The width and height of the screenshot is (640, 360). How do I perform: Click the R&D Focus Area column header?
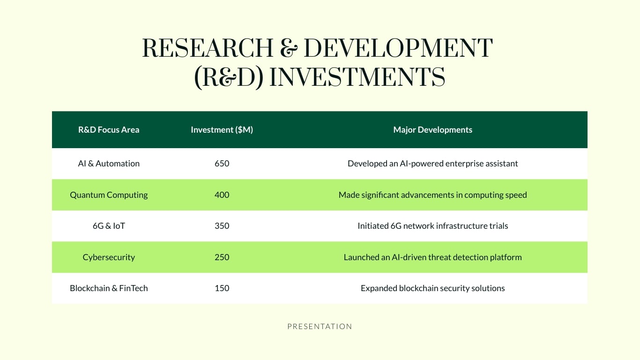pyautogui.click(x=109, y=130)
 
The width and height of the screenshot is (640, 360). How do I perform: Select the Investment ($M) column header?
pyautogui.click(x=222, y=130)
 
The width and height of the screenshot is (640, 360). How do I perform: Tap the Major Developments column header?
pyautogui.click(x=432, y=130)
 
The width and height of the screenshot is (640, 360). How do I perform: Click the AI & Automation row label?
pyautogui.click(x=109, y=164)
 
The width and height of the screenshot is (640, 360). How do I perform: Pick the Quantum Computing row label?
pyautogui.click(x=109, y=195)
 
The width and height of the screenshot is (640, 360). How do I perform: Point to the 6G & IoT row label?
pyautogui.click(x=109, y=226)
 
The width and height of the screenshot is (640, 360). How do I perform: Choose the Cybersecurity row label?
pyautogui.click(x=109, y=257)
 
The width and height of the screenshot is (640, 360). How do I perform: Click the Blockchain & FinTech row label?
pyautogui.click(x=109, y=288)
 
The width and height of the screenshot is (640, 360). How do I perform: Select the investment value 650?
pyautogui.click(x=222, y=164)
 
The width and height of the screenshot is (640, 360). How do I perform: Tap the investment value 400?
pyautogui.click(x=222, y=195)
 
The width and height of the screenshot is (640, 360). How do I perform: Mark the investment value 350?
pyautogui.click(x=222, y=226)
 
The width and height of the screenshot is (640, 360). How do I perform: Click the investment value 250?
pyautogui.click(x=222, y=257)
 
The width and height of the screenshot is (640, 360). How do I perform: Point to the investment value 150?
pyautogui.click(x=222, y=288)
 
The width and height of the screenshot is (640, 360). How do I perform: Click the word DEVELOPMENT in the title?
pyautogui.click(x=398, y=48)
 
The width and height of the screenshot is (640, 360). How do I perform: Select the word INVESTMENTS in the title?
pyautogui.click(x=357, y=77)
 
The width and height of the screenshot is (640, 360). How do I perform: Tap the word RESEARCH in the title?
pyautogui.click(x=208, y=48)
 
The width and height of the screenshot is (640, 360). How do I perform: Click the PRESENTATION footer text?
pyautogui.click(x=320, y=327)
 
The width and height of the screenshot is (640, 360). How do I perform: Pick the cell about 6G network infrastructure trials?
pyautogui.click(x=432, y=226)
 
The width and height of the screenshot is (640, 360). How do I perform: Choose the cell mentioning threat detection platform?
pyautogui.click(x=432, y=257)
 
